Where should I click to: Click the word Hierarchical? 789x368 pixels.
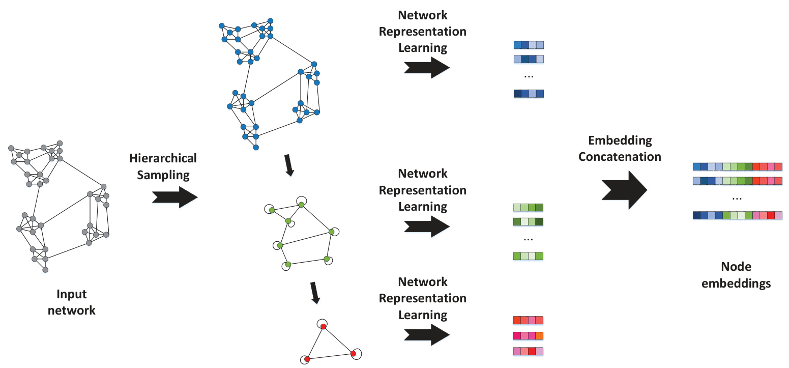163,158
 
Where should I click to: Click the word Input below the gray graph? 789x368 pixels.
72,294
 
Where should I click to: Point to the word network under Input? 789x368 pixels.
72,310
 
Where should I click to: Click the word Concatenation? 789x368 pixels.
620,157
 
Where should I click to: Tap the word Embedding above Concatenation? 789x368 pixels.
620,140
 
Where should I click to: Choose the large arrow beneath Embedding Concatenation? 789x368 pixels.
624,189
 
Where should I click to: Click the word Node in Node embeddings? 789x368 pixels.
736,267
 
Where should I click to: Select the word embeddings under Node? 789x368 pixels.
736,284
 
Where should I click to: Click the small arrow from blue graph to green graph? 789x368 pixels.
288,165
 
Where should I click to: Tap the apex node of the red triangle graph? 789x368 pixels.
323,326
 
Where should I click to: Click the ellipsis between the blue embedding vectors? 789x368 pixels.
529,76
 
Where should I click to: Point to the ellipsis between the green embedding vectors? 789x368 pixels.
529,239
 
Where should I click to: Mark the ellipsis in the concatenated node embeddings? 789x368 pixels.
737,198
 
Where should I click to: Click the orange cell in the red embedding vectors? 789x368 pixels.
540,335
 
